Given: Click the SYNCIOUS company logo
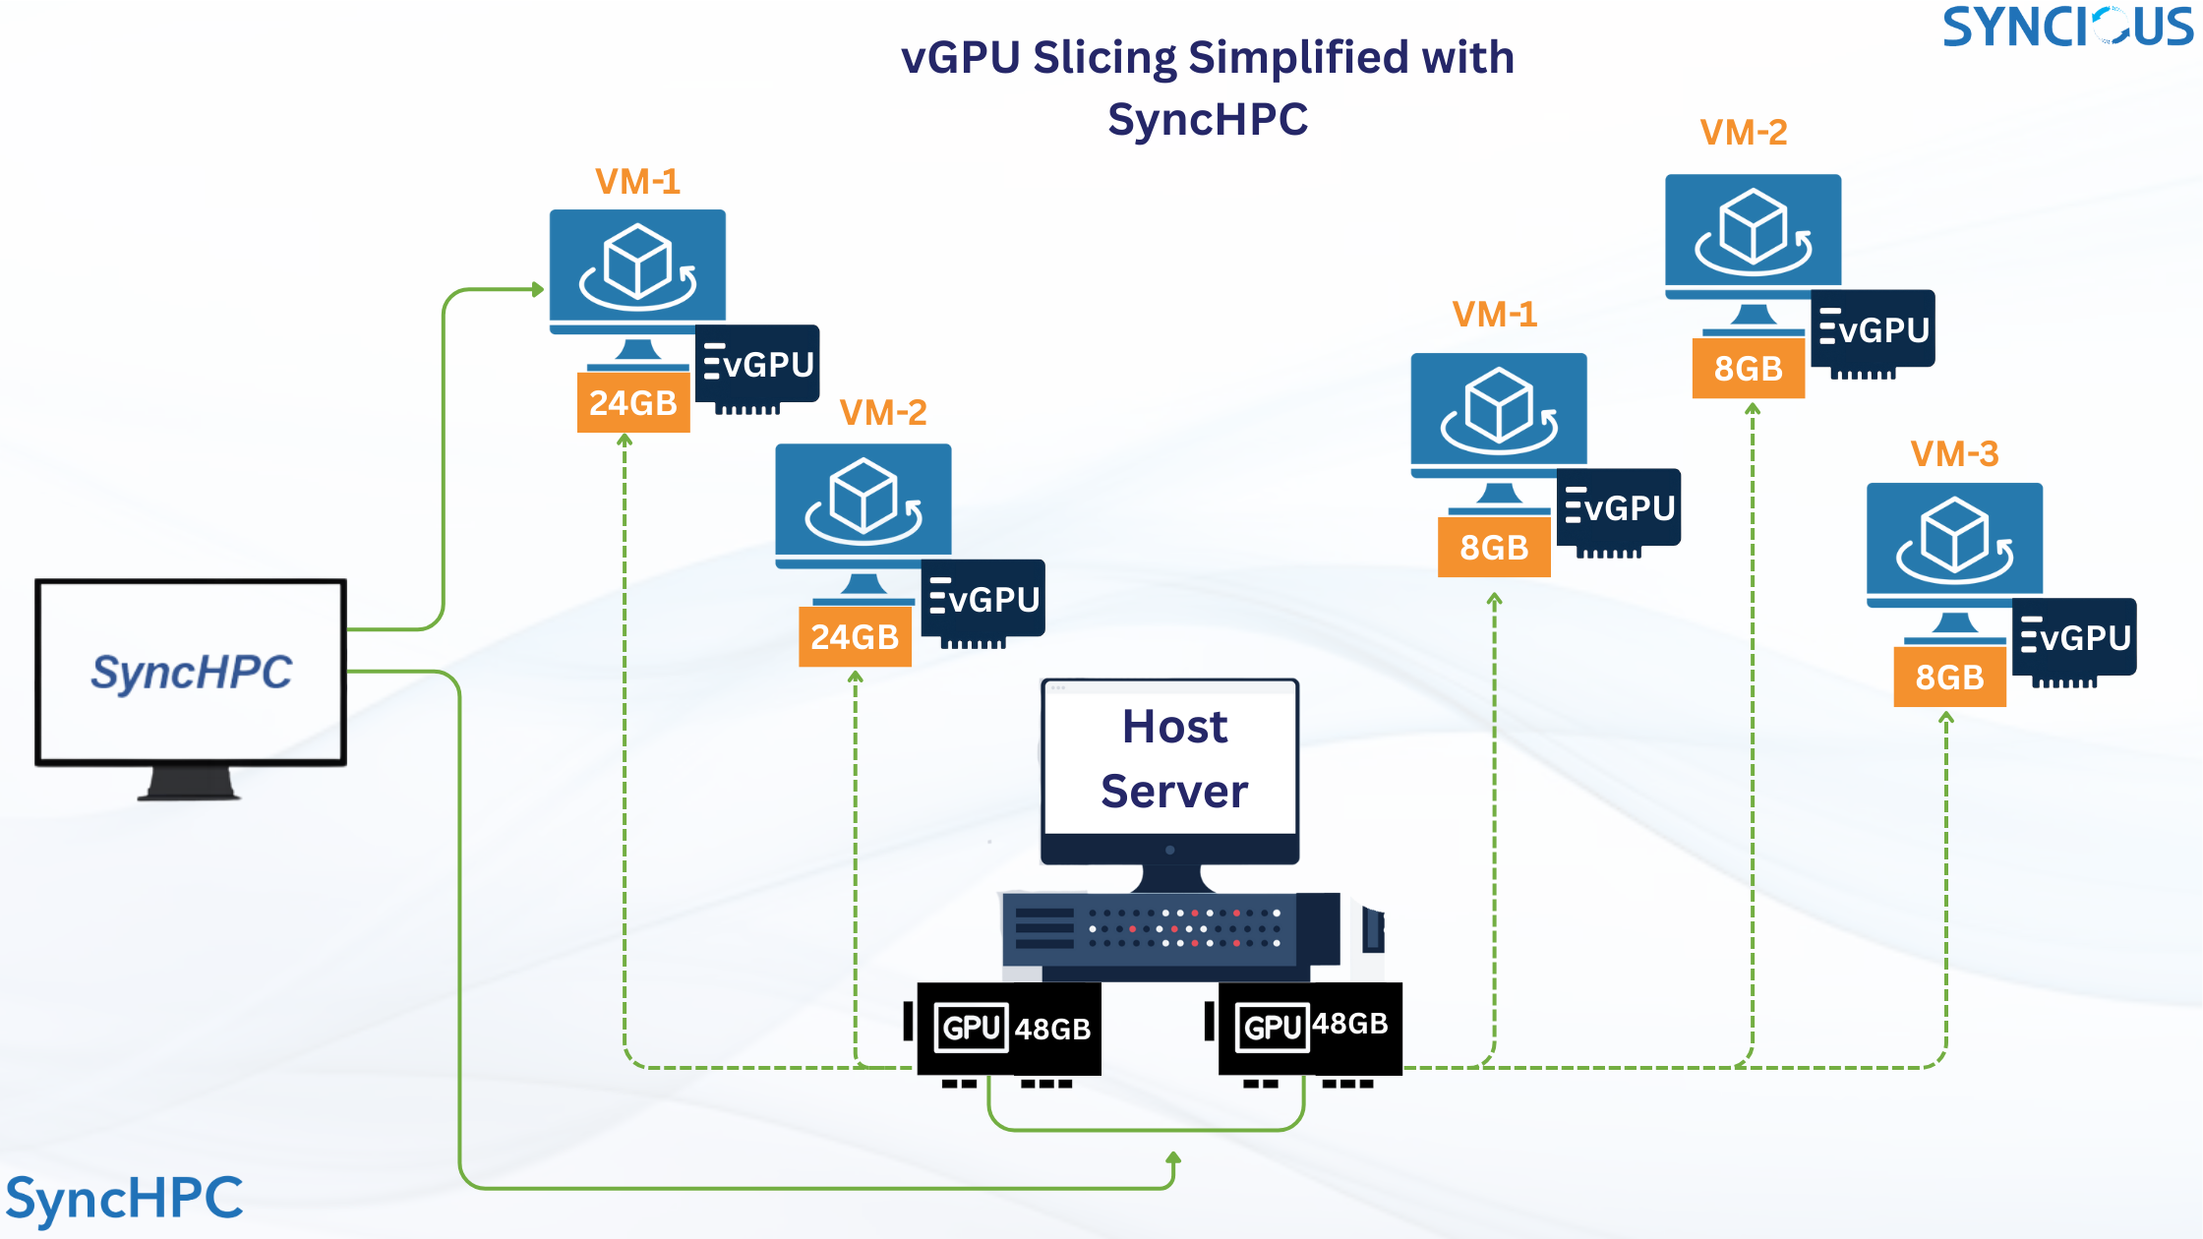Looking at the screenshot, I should pos(2067,27).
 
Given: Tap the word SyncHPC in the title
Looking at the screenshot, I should pos(1208,120).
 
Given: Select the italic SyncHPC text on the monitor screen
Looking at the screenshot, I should pos(192,673).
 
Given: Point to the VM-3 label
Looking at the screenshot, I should pos(1954,454).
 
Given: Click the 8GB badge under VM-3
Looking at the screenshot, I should pos(1949,678).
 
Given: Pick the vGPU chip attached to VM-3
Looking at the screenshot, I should pos(2074,638).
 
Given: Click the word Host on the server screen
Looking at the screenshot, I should pos(1174,728).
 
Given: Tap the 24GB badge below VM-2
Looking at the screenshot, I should pos(855,637).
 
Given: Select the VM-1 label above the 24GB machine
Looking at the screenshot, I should pos(637,182).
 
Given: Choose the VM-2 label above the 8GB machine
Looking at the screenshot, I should pos(1744,133).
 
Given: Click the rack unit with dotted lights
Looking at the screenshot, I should pos(1170,928).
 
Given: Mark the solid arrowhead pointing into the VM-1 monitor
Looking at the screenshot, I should pos(537,289).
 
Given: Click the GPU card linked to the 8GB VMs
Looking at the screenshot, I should pos(1310,1029).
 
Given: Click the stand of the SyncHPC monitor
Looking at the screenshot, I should pos(190,784).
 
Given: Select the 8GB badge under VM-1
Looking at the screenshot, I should pos(1494,548).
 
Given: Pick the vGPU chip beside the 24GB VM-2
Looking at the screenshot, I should pos(982,600).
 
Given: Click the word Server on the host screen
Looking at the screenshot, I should pos(1174,792).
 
